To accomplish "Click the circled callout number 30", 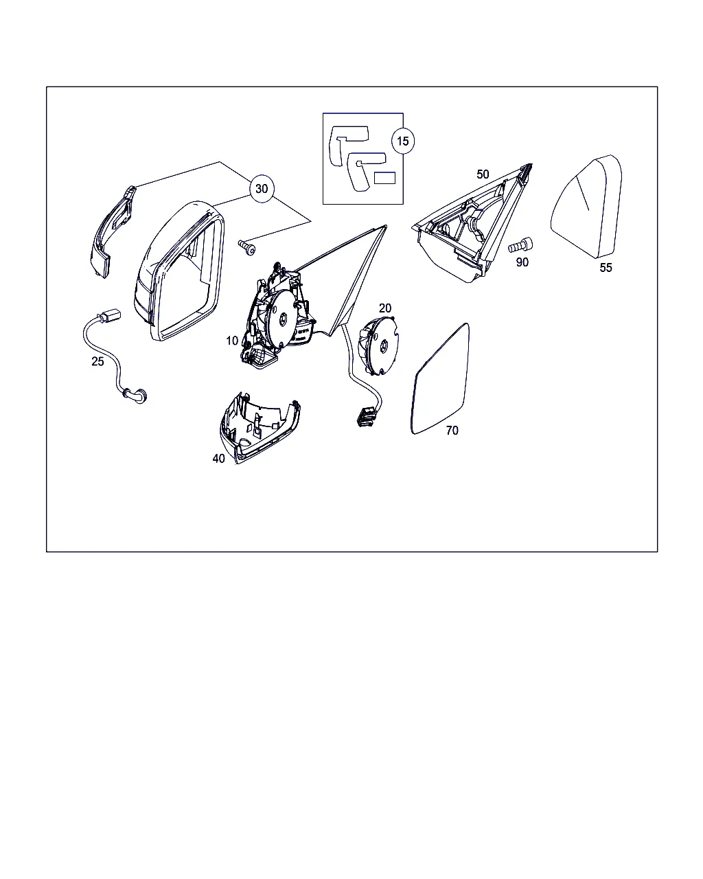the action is click(262, 189).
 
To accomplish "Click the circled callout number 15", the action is click(403, 141).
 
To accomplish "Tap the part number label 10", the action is click(232, 341).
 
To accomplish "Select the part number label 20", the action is click(384, 308).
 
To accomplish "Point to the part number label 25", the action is click(97, 361).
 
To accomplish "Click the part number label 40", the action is click(218, 459).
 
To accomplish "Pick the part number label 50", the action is click(483, 174).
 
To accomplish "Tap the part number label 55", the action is click(606, 268).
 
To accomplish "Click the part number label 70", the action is click(452, 431).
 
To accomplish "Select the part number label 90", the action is click(522, 262).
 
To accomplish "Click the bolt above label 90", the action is click(520, 244).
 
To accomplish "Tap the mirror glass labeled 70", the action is click(440, 378).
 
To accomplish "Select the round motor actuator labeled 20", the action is click(379, 345).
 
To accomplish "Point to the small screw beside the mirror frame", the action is click(247, 247).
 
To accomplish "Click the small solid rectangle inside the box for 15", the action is click(384, 178).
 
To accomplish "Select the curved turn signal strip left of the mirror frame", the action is click(109, 233).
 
